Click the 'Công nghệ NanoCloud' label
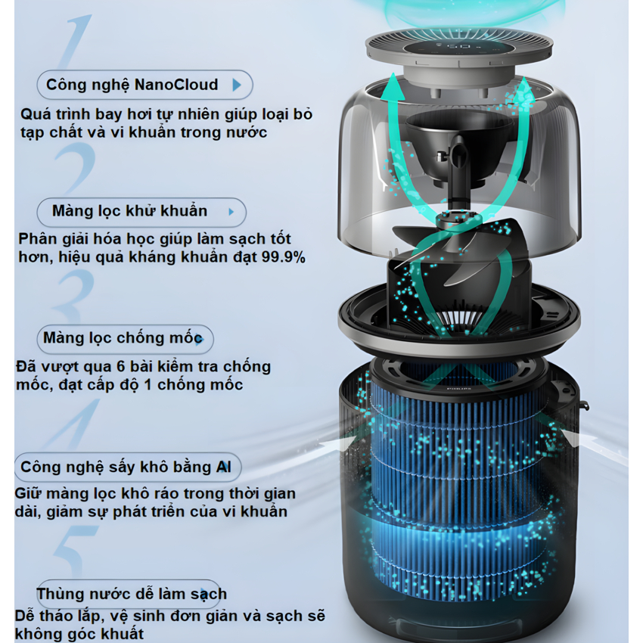tap(132, 85)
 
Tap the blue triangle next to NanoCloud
tap(237, 85)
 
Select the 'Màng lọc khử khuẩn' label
tap(129, 211)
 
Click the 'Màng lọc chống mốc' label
tap(123, 338)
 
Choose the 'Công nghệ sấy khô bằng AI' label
tap(126, 467)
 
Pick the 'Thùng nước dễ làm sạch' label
tap(131, 593)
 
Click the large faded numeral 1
tap(74, 41)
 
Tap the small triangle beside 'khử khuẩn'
tap(231, 212)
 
